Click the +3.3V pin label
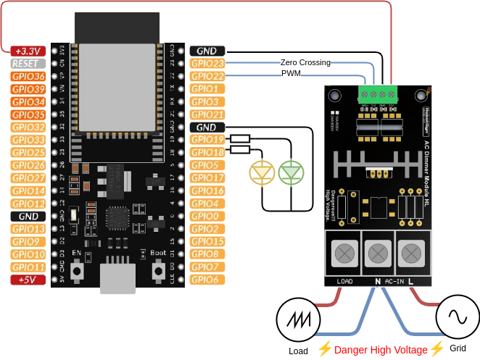(x=28, y=51)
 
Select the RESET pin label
(x=28, y=64)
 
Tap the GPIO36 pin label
(x=28, y=76)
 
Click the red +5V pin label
(x=28, y=280)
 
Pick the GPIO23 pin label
(x=207, y=64)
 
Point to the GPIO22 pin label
(x=207, y=76)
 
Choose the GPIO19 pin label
(x=207, y=139)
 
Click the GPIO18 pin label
(x=207, y=152)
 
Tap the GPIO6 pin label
(x=207, y=280)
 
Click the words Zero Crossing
(x=305, y=63)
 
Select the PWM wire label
(x=291, y=74)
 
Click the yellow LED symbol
(x=262, y=172)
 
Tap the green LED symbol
(x=291, y=172)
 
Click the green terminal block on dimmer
(x=377, y=93)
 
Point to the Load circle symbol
(x=298, y=319)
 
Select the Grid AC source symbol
(x=458, y=317)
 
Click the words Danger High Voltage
(x=381, y=349)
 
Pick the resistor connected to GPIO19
(x=240, y=139)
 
